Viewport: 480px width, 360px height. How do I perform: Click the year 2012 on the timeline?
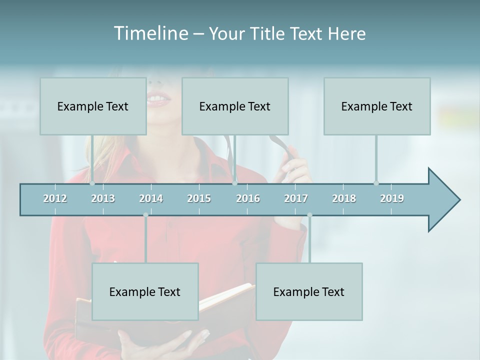(55, 198)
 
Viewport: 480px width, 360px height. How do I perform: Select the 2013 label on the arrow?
(103, 198)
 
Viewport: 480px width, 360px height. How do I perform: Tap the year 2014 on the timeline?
(151, 198)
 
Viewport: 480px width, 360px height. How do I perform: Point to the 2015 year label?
(199, 198)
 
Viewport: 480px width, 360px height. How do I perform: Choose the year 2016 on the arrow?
(248, 198)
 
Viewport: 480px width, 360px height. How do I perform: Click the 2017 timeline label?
(296, 198)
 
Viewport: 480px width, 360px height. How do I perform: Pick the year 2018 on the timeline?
(344, 198)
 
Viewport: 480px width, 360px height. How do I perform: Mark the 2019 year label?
(392, 198)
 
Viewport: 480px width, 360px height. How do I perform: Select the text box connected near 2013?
(93, 106)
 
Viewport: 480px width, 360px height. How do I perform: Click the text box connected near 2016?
(235, 106)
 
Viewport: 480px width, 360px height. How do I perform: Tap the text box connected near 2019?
(377, 106)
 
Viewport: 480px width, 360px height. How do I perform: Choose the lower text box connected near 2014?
(145, 291)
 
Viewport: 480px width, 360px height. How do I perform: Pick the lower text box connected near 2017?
(309, 291)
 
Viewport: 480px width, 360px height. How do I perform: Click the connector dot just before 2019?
(376, 183)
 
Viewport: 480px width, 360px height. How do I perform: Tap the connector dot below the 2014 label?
(145, 215)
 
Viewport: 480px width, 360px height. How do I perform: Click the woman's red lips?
(159, 100)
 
